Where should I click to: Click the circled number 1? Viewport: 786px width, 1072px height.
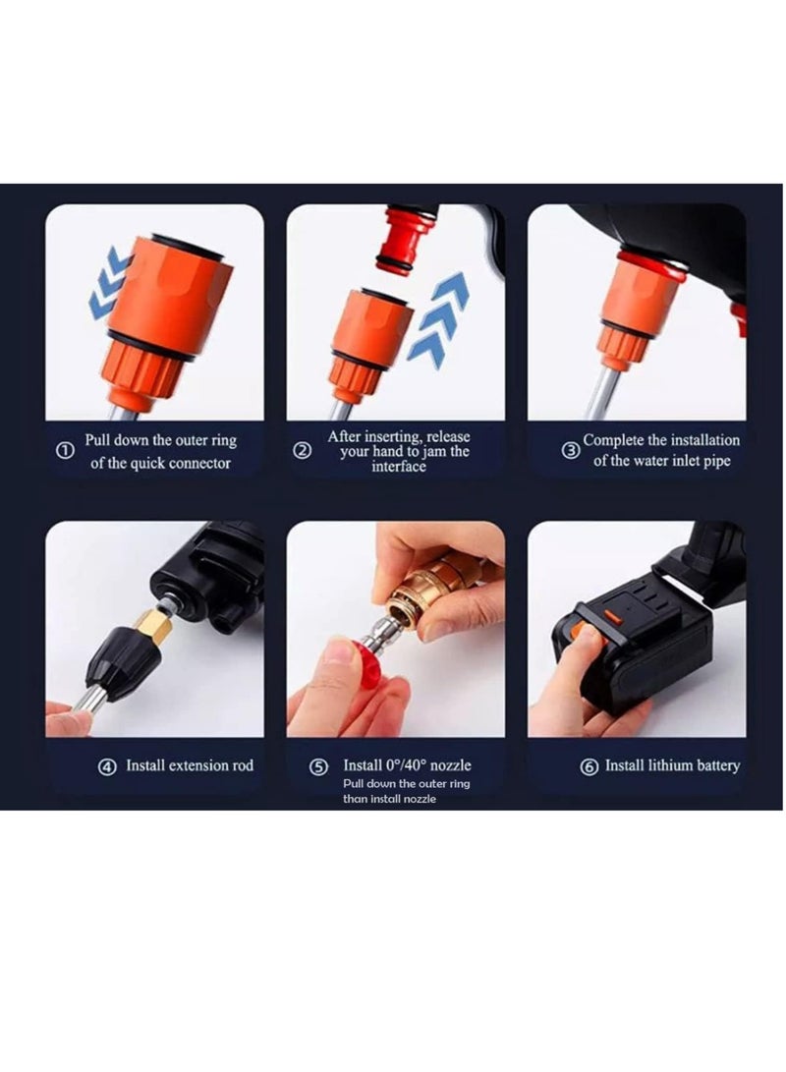[x=65, y=451]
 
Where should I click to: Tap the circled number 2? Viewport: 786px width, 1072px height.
[x=302, y=451]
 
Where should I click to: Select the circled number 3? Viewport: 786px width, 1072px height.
[x=571, y=451]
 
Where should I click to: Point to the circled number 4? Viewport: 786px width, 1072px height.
[x=107, y=767]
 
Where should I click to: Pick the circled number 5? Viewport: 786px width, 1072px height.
[x=319, y=767]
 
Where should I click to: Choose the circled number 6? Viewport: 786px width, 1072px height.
[x=589, y=767]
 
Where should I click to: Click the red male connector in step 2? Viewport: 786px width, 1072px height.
[x=407, y=239]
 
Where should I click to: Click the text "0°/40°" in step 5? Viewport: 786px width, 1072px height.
[x=408, y=765]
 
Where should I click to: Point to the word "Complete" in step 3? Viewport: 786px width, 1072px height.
[x=613, y=440]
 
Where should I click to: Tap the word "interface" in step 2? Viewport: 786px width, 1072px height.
[x=399, y=467]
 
